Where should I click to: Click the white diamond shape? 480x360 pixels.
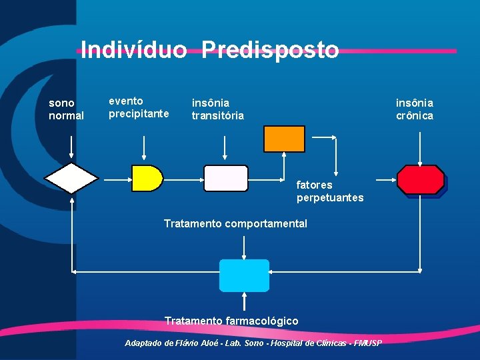coord(71,178)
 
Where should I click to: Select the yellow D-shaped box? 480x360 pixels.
coord(147,178)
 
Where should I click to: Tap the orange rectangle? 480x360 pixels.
coord(284,139)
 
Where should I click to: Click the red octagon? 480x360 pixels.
coord(421,179)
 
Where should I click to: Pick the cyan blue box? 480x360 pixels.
coord(244,275)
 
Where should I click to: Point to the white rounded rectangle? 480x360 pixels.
coord(225,178)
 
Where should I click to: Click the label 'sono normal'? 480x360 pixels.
coord(66,109)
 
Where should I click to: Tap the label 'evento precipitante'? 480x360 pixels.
coord(139,107)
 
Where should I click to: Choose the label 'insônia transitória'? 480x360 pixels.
coord(218,109)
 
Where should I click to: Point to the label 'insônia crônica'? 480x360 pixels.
coord(415,109)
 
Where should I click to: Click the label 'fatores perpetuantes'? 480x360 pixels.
coord(330,191)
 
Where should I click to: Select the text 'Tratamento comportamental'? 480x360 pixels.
coord(235,224)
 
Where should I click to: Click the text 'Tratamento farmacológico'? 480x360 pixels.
coord(231,321)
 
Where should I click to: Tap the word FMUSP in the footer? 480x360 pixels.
coord(368,343)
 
